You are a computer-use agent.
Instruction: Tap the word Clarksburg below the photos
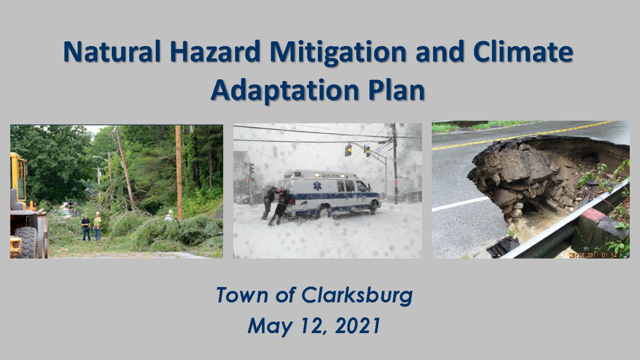357,296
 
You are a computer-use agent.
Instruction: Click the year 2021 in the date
358,325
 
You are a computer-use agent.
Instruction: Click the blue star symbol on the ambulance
317,186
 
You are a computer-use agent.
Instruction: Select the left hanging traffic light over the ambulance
348,150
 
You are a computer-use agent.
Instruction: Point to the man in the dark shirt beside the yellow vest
86,228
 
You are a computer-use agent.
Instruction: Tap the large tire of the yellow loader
27,242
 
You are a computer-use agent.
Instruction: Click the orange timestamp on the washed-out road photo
593,255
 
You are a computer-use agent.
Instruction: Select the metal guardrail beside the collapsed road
563,220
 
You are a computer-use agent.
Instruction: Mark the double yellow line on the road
523,135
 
